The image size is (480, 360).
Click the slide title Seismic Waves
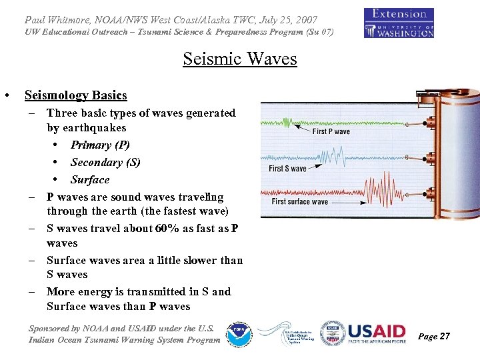pos(239,59)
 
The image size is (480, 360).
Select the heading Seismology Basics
pos(75,95)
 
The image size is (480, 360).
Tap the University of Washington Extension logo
pos(399,23)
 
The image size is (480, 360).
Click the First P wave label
pos(331,131)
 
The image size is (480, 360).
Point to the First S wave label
pos(287,169)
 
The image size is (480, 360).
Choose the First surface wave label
pos(300,201)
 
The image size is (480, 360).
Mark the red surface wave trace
pos(373,193)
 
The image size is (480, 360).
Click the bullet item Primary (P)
pos(100,145)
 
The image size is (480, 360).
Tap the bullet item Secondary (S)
pos(105,163)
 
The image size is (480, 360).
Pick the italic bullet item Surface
pos(90,180)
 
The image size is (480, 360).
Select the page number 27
pos(444,337)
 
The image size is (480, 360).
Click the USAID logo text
pos(377,331)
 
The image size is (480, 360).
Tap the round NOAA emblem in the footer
pos(238,333)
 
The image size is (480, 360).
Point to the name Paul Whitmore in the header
pos(63,20)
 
